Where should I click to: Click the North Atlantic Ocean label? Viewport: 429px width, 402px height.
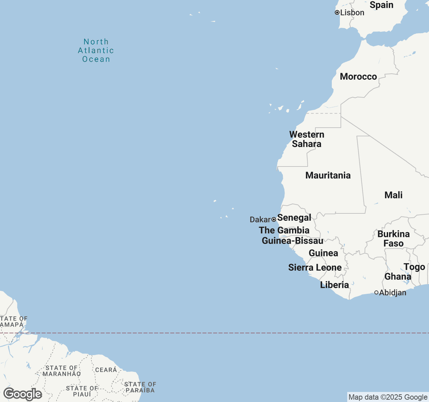[96, 51]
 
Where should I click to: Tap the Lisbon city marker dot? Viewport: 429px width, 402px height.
[337, 12]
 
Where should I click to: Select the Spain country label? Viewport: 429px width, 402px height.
[381, 5]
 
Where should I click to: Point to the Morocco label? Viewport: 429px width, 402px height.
[358, 77]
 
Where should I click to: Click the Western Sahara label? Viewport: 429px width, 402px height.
[307, 139]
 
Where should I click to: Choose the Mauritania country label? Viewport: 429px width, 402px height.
[328, 175]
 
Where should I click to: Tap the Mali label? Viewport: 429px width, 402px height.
[393, 195]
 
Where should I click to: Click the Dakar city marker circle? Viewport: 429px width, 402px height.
[274, 219]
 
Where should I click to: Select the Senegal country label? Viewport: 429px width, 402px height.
[294, 218]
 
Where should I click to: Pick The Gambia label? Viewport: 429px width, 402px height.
[284, 230]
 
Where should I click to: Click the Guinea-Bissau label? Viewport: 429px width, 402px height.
[292, 241]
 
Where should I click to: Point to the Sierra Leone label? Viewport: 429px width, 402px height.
[315, 268]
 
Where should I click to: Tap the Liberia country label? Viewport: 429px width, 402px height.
[334, 285]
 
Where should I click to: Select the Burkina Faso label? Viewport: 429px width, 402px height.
[393, 239]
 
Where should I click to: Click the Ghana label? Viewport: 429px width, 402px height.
[398, 277]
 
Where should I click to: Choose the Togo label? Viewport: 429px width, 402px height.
[414, 267]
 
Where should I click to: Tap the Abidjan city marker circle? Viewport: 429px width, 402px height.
[376, 292]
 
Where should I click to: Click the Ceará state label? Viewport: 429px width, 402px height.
[106, 370]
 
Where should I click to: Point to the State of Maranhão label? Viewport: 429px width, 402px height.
[62, 371]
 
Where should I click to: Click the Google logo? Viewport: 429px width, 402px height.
[23, 394]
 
